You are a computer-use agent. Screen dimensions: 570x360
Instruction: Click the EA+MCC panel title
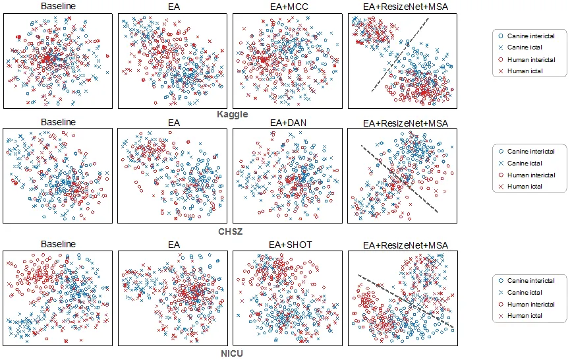tap(289, 7)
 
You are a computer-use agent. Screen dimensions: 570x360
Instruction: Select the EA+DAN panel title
tap(288, 123)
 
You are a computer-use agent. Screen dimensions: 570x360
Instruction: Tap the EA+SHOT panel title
tap(291, 245)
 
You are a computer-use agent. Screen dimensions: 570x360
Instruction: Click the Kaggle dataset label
tap(233, 114)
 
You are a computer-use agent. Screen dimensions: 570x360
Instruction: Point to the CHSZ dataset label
tap(230, 231)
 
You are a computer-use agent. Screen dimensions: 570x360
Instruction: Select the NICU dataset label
tap(232, 353)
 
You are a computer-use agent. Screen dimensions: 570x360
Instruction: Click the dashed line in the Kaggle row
tap(400, 55)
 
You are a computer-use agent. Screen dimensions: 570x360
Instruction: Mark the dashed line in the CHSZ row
tap(399, 179)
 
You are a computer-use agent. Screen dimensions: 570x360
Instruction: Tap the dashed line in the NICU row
tap(406, 301)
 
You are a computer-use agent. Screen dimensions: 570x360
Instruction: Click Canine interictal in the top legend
tap(530, 36)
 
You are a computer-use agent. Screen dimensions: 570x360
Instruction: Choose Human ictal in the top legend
tap(525, 71)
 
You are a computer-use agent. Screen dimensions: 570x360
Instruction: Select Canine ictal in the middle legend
tap(525, 164)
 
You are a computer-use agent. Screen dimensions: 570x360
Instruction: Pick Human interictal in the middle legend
tap(531, 175)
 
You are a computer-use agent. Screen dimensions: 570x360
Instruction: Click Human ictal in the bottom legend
tap(525, 316)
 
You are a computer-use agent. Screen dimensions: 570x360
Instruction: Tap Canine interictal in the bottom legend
tap(530, 281)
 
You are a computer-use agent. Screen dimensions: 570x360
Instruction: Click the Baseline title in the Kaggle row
tap(58, 6)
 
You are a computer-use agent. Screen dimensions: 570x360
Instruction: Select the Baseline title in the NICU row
tap(58, 244)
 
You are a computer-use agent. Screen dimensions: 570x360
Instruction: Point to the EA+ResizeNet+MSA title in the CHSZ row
tap(405, 123)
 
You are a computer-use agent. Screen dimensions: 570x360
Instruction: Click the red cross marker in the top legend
tap(501, 71)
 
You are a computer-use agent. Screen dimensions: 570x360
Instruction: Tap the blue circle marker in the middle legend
tap(501, 151)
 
